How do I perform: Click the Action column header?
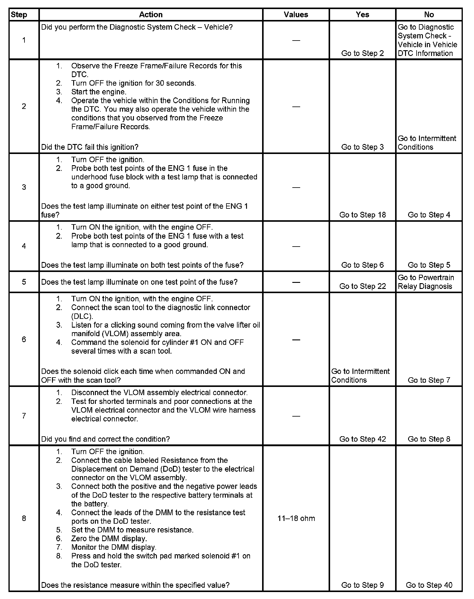pyautogui.click(x=151, y=15)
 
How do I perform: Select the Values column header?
pyautogui.click(x=296, y=15)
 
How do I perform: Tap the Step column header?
pyautogui.click(x=19, y=15)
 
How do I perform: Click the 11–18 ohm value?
pyautogui.click(x=296, y=518)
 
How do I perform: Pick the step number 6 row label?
pyautogui.click(x=24, y=339)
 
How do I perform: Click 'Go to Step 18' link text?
pyautogui.click(x=362, y=214)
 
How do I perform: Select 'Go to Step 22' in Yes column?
pyautogui.click(x=362, y=286)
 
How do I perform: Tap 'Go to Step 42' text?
pyautogui.click(x=362, y=439)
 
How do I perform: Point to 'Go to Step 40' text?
pyautogui.click(x=429, y=585)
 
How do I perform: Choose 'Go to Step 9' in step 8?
pyautogui.click(x=362, y=585)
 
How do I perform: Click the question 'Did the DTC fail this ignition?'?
pyautogui.click(x=90, y=147)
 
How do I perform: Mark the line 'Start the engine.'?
pyautogui.click(x=99, y=92)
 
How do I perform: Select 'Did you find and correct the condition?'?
pyautogui.click(x=105, y=439)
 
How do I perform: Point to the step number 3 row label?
pyautogui.click(x=24, y=187)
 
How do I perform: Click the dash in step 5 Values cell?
pyautogui.click(x=296, y=282)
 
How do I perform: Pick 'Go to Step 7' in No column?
pyautogui.click(x=429, y=380)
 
